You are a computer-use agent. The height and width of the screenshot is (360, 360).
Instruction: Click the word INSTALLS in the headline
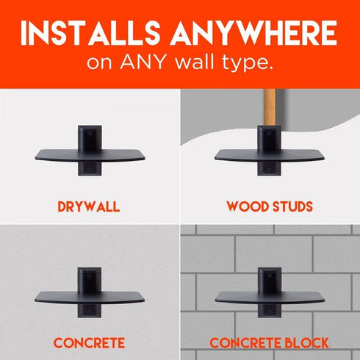(90, 33)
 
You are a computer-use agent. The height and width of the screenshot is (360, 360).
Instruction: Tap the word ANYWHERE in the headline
(253, 33)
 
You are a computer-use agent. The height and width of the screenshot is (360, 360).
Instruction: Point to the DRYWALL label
(89, 206)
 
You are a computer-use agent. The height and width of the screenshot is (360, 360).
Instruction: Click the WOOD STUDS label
(270, 206)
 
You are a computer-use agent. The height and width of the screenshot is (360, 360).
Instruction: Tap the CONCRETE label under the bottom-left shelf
(89, 343)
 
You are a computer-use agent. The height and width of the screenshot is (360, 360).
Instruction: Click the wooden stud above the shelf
(269, 107)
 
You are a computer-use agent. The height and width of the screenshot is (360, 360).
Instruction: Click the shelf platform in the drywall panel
(90, 156)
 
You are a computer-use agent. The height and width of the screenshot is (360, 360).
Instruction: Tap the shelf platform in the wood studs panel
(270, 156)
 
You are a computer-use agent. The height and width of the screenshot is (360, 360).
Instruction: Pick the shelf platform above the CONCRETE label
(90, 298)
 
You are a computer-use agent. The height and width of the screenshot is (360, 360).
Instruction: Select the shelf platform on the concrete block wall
(270, 298)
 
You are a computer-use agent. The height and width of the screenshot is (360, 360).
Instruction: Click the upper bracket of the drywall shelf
(90, 137)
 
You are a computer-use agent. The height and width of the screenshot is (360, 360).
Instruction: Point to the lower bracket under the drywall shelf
(90, 169)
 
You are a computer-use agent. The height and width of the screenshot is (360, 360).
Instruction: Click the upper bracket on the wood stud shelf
(269, 137)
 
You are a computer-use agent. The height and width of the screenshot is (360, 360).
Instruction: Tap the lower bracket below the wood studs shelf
(269, 169)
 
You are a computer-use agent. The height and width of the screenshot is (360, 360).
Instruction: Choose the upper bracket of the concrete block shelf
(270, 280)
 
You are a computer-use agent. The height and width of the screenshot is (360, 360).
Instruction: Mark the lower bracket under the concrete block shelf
(270, 311)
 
